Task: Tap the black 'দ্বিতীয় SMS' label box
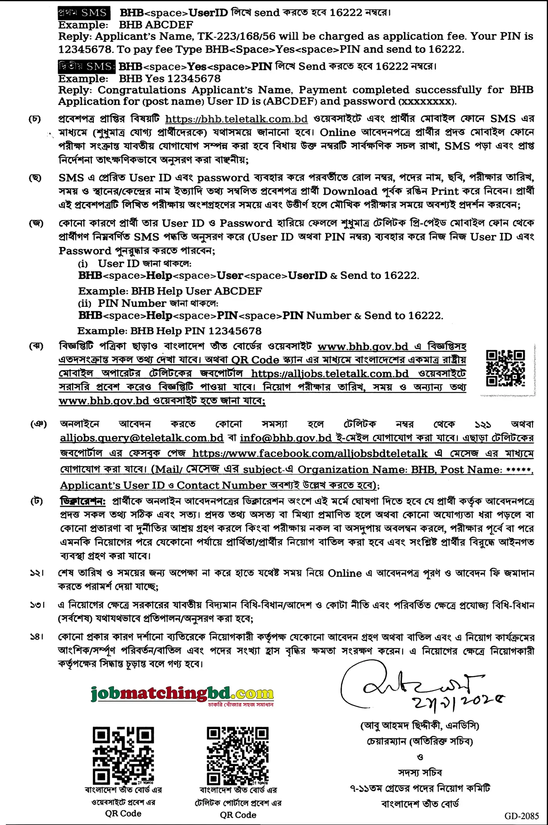pos(87,66)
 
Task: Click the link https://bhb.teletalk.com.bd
pos(236,119)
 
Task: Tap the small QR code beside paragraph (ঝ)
pos(505,368)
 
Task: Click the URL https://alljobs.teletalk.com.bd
pos(330,374)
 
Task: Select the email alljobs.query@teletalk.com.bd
pos(142,438)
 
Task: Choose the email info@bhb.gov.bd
pos(286,438)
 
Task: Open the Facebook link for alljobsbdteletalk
pos(310,453)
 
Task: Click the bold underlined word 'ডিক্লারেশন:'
pos(83,501)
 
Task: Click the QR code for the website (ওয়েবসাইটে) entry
pos(123,756)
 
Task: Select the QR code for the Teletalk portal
pos(238,756)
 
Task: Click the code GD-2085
pos(521,816)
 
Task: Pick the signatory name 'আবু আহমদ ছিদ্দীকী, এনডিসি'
pos(420,726)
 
